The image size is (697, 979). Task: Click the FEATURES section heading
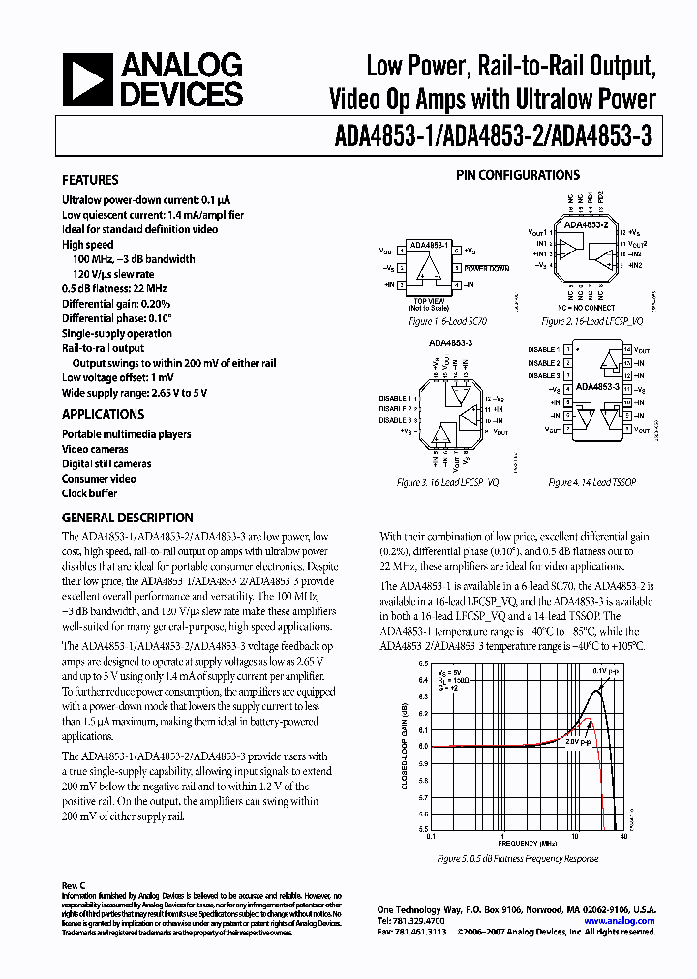[x=90, y=180]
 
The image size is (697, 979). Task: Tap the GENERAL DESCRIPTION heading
[x=127, y=518]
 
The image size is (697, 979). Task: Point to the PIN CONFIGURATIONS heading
[x=518, y=175]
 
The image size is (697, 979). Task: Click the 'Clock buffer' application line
[x=89, y=493]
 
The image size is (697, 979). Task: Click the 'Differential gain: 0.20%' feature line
[x=116, y=304]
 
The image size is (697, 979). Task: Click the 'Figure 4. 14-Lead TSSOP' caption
[x=587, y=481]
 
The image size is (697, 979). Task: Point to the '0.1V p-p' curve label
[x=604, y=670]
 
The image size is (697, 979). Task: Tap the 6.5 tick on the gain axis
[x=422, y=664]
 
